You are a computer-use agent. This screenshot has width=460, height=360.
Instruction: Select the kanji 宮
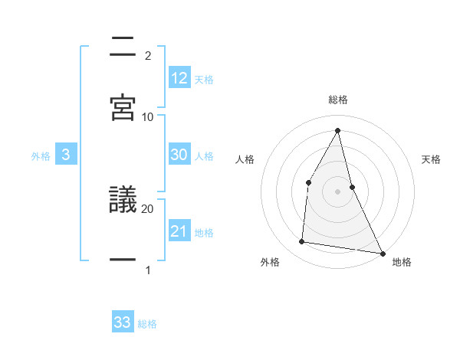pos(123,108)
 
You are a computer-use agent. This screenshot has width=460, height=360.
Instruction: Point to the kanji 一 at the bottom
pos(123,260)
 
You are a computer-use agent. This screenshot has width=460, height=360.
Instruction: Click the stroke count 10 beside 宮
pos(148,116)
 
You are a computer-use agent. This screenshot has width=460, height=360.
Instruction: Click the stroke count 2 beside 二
pos(148,55)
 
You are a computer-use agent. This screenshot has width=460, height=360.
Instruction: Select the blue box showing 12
pos(179,77)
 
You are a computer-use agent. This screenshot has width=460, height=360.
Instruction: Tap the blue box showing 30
pos(179,154)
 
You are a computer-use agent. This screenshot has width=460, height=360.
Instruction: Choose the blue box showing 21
pos(179,231)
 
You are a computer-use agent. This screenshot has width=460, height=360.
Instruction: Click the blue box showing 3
pos(66,155)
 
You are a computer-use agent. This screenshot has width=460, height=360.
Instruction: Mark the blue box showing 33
pos(123,322)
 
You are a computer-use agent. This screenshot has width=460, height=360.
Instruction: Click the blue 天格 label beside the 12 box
pos(204,79)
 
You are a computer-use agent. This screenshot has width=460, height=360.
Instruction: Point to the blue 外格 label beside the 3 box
pos(41,156)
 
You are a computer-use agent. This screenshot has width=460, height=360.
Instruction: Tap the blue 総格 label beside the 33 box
pos(147,324)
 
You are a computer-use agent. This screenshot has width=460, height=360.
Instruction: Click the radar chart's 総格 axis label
pos(338,100)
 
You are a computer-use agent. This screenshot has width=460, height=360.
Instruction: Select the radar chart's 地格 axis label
pos(402,262)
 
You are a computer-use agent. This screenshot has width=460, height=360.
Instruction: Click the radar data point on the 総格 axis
pos(338,129)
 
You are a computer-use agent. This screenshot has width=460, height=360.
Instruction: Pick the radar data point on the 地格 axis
pos(382,253)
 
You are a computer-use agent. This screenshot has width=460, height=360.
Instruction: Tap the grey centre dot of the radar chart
pos(338,191)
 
